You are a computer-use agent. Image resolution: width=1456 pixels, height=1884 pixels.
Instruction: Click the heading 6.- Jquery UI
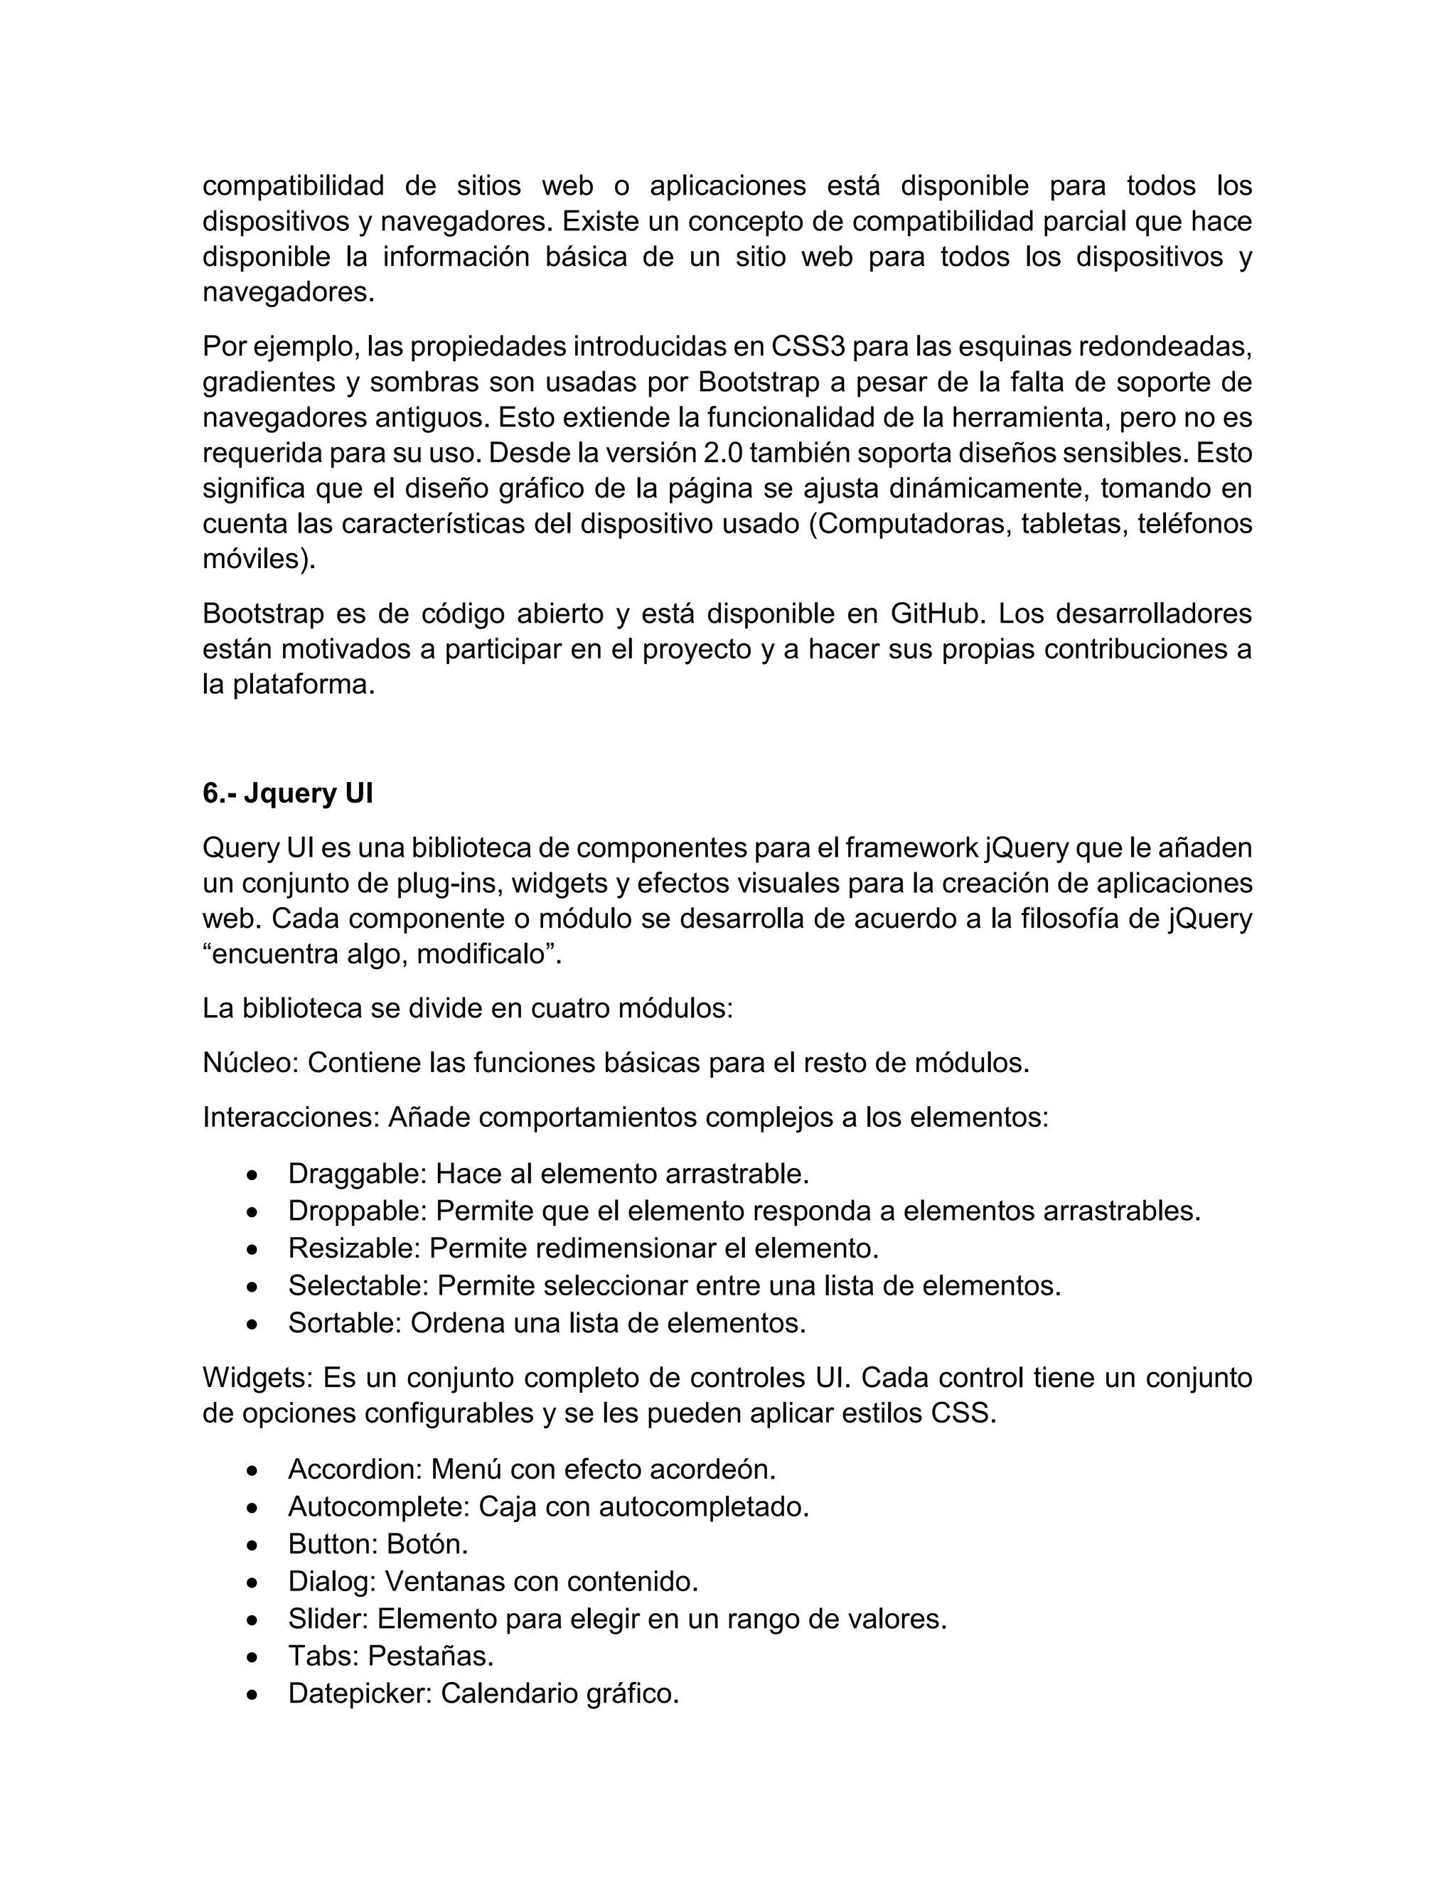(x=287, y=793)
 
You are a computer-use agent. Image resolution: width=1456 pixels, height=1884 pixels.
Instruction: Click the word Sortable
(x=344, y=1322)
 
